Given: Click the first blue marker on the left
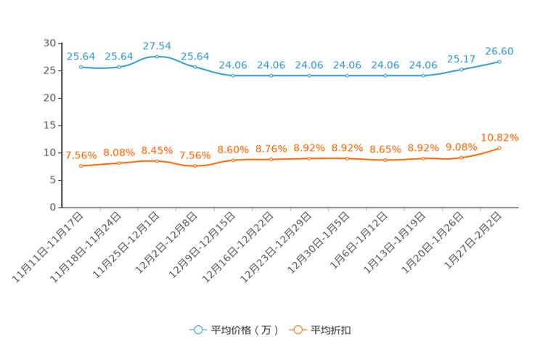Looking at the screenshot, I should pyautogui.click(x=81, y=67).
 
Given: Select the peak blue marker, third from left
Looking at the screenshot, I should pyautogui.click(x=157, y=56).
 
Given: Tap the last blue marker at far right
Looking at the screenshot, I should pyautogui.click(x=499, y=62).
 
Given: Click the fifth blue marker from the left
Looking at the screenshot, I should pyautogui.click(x=233, y=75).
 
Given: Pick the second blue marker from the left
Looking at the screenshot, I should pyautogui.click(x=119, y=67).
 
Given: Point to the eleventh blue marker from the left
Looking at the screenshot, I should pyautogui.click(x=462, y=69).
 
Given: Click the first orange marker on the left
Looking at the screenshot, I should pyautogui.click(x=81, y=165).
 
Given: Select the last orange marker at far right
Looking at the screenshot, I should pyautogui.click(x=499, y=148).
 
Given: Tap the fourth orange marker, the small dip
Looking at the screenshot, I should pyautogui.click(x=195, y=165).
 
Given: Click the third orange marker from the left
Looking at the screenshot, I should pyautogui.click(x=157, y=160).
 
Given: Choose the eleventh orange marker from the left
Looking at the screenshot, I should pyautogui.click(x=462, y=157).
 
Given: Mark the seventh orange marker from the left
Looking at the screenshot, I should pyautogui.click(x=309, y=158).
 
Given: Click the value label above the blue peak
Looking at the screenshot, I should pyautogui.click(x=157, y=46).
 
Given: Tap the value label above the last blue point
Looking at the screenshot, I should pyautogui.click(x=499, y=51).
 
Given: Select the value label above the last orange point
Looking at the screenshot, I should pyautogui.click(x=499, y=136).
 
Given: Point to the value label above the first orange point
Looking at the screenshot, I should pyautogui.click(x=81, y=155).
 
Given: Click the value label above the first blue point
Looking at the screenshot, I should pyautogui.click(x=81, y=56).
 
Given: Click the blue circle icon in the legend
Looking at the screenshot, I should pyautogui.click(x=197, y=330).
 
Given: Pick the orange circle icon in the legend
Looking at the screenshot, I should pyautogui.click(x=298, y=330).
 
